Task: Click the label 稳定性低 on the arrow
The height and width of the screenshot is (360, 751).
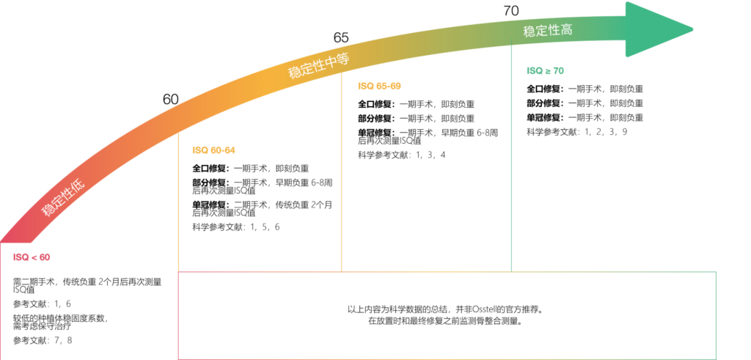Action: pos(63,199)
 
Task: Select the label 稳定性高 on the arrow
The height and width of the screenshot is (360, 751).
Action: pos(547,31)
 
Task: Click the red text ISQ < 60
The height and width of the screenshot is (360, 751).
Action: pos(31,257)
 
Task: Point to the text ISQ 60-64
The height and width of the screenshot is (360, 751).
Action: pos(213,150)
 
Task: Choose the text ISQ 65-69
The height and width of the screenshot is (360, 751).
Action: pos(379,86)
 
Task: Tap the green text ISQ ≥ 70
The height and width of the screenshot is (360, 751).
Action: pos(545,71)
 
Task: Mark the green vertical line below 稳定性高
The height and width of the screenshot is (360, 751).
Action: pos(511,161)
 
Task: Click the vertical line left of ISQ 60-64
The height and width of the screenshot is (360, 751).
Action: pos(179,205)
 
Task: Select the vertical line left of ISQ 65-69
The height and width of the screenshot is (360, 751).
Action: pos(342,176)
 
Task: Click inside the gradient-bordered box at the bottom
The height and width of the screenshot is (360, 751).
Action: pos(447,315)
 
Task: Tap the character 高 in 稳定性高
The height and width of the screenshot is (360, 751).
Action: pos(565,30)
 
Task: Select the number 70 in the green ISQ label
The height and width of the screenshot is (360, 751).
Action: pos(558,71)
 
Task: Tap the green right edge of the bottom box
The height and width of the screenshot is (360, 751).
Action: pos(716,315)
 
